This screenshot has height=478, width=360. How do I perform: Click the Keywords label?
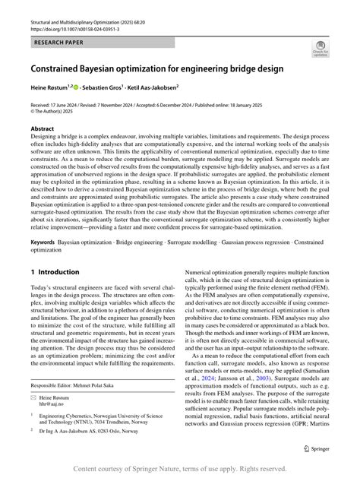43,241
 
